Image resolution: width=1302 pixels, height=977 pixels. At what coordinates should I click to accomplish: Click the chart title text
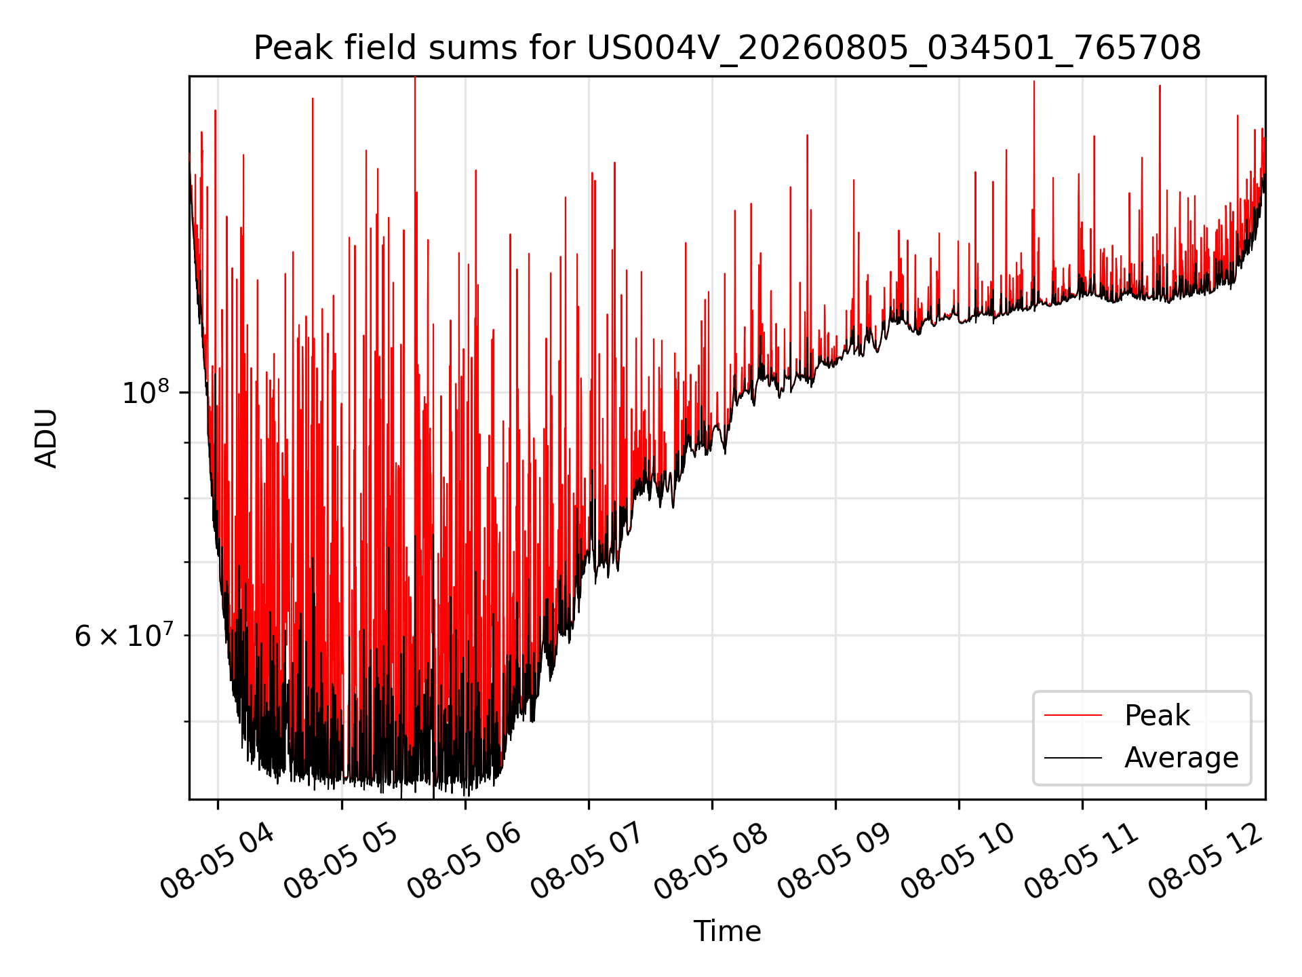pyautogui.click(x=727, y=48)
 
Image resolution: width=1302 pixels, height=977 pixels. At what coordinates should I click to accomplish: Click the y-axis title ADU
pyautogui.click(x=46, y=438)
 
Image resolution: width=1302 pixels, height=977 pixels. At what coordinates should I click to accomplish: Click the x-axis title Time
pyautogui.click(x=727, y=932)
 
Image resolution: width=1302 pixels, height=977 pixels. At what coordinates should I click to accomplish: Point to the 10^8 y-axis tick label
pyautogui.click(x=145, y=392)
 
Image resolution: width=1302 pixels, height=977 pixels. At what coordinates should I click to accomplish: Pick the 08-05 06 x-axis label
pyautogui.click(x=465, y=862)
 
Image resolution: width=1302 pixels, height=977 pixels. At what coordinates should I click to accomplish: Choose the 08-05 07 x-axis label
pyautogui.click(x=589, y=862)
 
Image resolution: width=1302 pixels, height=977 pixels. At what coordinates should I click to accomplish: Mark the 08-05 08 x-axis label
pyautogui.click(x=712, y=862)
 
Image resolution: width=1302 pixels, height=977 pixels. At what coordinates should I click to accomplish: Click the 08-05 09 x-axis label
pyautogui.click(x=835, y=862)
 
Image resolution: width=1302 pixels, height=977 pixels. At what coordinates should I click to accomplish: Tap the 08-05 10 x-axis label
pyautogui.click(x=959, y=862)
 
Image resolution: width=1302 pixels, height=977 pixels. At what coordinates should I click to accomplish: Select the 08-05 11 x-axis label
pyautogui.click(x=1082, y=862)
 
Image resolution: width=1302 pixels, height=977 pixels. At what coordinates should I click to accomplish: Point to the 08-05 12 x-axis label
pyautogui.click(x=1206, y=862)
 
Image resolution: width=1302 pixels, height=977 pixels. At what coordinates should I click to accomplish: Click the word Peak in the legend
pyautogui.click(x=1157, y=716)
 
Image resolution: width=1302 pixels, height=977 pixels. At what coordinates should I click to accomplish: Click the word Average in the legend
pyautogui.click(x=1181, y=758)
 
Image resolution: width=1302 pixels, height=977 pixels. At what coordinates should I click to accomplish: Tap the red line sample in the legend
pyautogui.click(x=1073, y=715)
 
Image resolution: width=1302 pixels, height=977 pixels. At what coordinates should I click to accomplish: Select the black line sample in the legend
pyautogui.click(x=1073, y=757)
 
